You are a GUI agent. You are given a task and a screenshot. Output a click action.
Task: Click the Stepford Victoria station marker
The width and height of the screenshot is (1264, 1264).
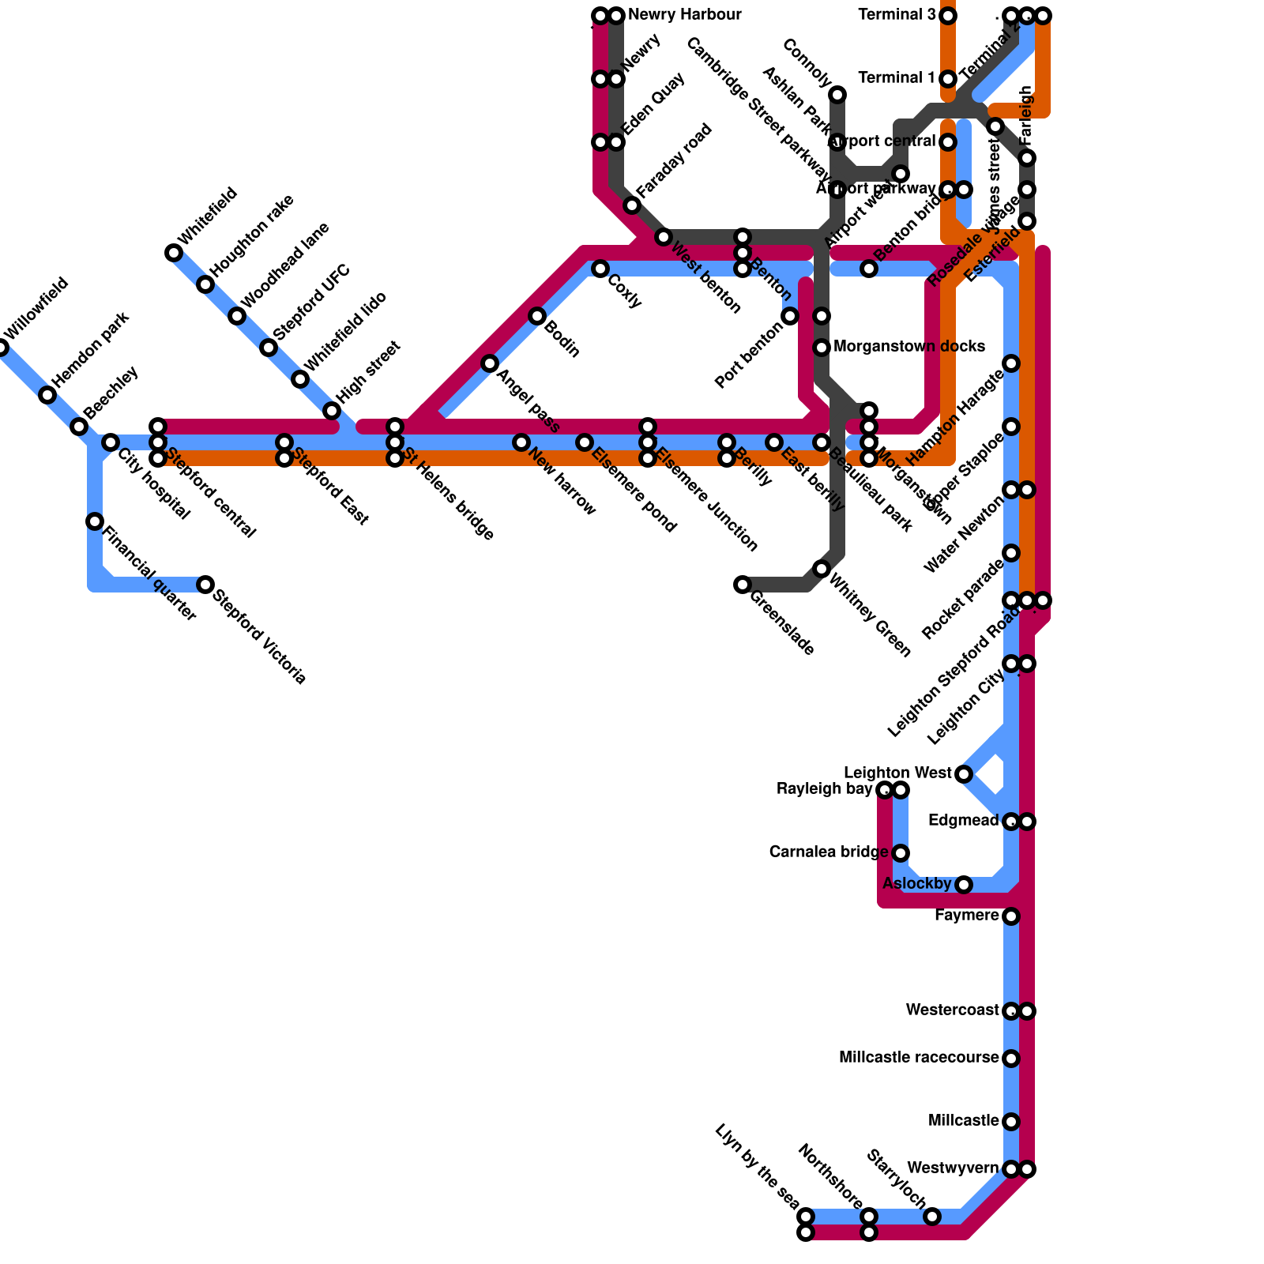coord(205,585)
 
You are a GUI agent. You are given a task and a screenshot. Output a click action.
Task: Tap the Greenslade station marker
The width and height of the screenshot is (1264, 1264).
coord(743,585)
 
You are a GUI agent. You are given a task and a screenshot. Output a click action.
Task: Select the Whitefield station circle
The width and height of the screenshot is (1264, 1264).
coord(174,253)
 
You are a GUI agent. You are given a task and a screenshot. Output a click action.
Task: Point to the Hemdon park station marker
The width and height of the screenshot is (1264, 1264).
coord(47,395)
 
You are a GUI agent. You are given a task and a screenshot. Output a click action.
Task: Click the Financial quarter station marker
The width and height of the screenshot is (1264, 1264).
coord(95,521)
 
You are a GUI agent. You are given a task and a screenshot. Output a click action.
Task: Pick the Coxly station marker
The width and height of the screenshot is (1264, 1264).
coord(600,269)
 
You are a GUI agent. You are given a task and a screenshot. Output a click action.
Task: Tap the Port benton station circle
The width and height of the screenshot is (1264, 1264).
coord(790,316)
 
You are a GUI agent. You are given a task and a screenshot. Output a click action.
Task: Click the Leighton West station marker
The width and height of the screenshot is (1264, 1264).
coord(964,774)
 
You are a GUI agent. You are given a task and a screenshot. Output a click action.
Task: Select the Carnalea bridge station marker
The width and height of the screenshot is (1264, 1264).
coord(901,853)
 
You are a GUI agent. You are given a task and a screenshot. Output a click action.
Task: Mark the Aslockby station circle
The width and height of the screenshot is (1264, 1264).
coord(964,885)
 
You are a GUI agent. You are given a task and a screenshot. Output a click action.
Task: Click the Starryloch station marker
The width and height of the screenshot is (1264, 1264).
coord(932,1217)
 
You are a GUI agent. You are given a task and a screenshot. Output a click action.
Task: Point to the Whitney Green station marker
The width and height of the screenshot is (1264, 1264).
coord(822,569)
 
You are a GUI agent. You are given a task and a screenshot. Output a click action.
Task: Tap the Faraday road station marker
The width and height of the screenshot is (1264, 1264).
coord(632,205)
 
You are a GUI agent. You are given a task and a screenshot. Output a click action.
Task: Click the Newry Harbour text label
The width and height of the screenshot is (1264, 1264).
coord(684,15)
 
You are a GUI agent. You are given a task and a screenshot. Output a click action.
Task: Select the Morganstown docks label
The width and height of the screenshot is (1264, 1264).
coord(908,347)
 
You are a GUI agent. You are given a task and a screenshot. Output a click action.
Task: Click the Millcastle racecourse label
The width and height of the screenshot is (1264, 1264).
coord(919,1058)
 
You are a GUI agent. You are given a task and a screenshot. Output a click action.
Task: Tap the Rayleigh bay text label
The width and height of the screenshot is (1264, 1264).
coord(824,789)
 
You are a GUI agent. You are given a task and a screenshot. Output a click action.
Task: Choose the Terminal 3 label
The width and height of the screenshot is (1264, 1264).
coord(897,15)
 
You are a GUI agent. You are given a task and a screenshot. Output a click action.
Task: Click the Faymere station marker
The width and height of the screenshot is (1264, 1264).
coord(1011,916)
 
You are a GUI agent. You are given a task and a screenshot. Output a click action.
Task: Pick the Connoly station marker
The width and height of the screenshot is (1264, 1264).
coord(837,95)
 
